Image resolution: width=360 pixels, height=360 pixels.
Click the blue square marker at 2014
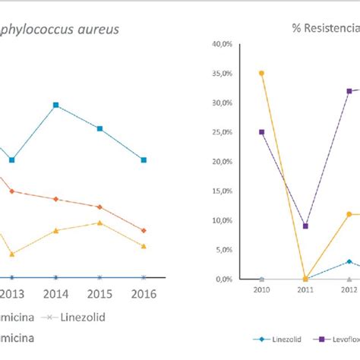coord(55,105)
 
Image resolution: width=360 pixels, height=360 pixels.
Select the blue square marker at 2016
coord(144,159)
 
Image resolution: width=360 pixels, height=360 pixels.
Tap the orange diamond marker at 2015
coord(99,207)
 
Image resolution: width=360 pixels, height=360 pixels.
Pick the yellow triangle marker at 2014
coord(55,230)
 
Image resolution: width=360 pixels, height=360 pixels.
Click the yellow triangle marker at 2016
coord(144,245)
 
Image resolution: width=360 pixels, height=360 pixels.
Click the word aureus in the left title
coord(107,28)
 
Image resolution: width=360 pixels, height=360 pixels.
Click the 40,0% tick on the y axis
coord(220,44)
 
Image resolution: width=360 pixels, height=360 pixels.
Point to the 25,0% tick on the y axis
coord(220,132)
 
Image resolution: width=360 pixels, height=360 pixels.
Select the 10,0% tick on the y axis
coord(220,220)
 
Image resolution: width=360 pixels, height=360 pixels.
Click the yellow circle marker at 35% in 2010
coord(261,74)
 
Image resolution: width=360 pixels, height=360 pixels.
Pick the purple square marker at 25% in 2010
coord(261,132)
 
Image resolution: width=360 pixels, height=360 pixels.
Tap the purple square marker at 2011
coord(305,226)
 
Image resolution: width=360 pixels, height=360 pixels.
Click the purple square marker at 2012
coord(349,91)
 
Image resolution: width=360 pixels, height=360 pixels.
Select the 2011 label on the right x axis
coord(305,289)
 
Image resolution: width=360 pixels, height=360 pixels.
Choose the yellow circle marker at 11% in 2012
coord(349,214)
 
